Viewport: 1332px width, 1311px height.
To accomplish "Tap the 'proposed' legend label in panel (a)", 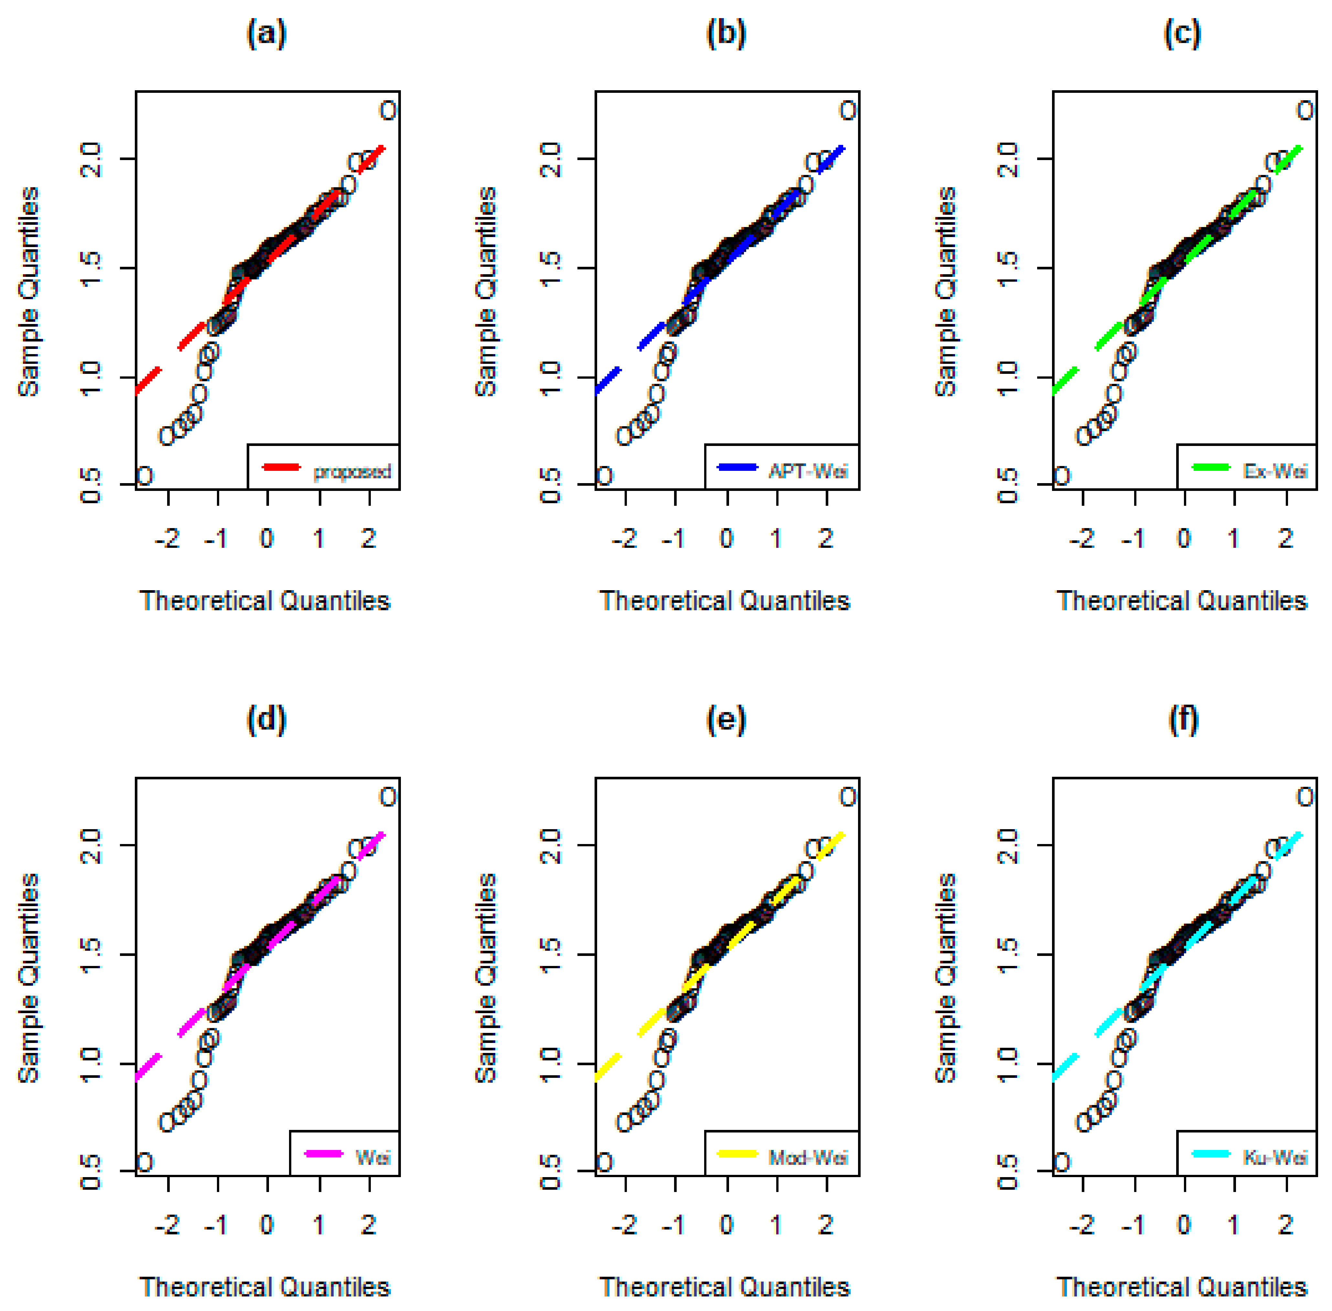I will tap(352, 472).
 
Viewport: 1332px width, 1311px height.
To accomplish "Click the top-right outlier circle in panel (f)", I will tap(1305, 796).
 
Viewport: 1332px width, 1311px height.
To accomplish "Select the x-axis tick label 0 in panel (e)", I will tap(726, 1224).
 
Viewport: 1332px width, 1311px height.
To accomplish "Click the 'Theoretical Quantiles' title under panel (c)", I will tap(1182, 601).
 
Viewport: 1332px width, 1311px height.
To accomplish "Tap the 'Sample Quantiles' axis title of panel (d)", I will tap(29, 978).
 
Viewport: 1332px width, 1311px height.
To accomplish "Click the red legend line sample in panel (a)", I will tap(282, 468).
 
